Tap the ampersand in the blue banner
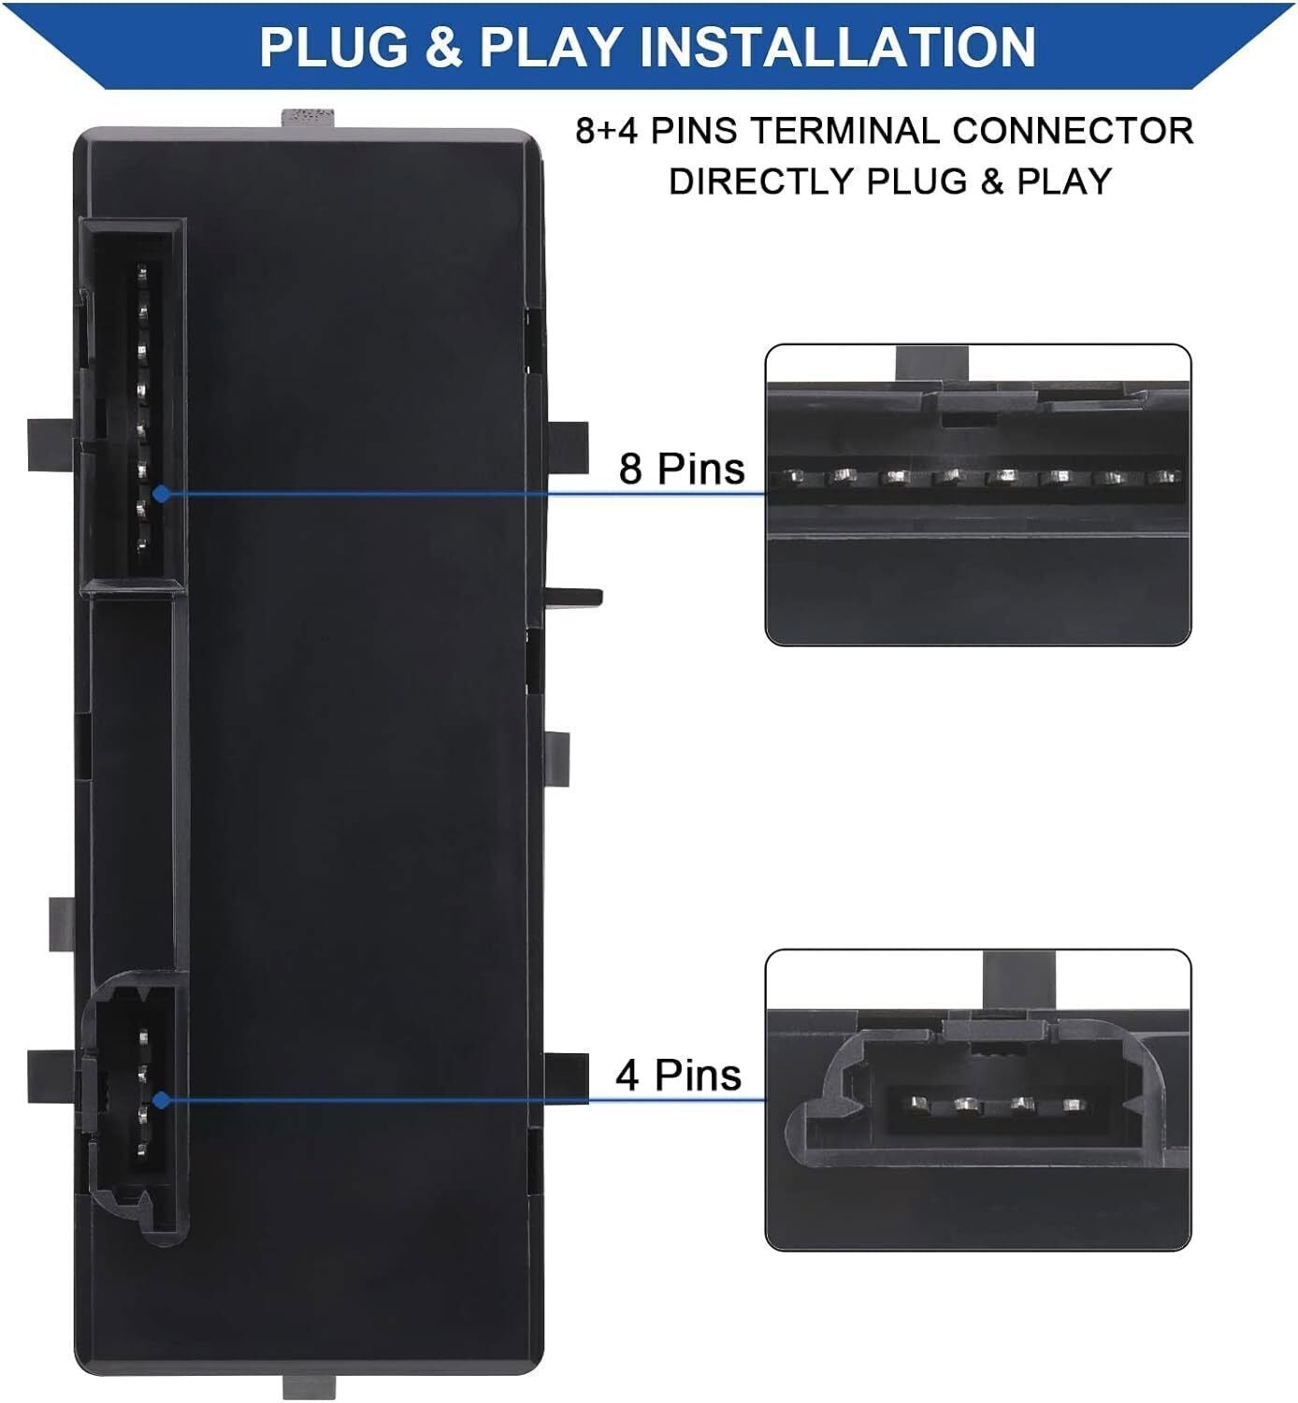click(444, 47)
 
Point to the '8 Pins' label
click(682, 469)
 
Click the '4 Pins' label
click(678, 1075)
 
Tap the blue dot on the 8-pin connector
click(161, 494)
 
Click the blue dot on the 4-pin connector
click(161, 1100)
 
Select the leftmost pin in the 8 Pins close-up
click(796, 477)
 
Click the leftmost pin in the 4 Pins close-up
click(917, 1102)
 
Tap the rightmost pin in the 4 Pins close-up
click(1074, 1103)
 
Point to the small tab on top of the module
click(308, 118)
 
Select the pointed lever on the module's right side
click(574, 597)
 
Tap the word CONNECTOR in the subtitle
click(1073, 131)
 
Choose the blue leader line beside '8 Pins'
click(463, 494)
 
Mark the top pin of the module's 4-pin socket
click(143, 1037)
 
